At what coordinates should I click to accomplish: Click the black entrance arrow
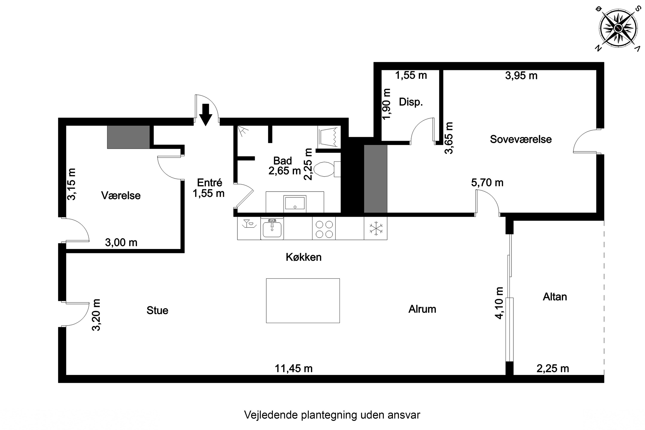click(x=205, y=115)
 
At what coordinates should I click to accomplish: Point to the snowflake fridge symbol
click(x=375, y=228)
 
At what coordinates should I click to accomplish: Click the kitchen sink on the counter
click(x=272, y=229)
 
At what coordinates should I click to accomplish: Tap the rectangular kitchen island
click(x=303, y=301)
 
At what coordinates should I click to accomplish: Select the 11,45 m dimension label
click(x=293, y=369)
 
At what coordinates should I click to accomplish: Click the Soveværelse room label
click(x=521, y=139)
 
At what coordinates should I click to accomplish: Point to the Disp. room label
click(x=410, y=102)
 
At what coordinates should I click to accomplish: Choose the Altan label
click(x=554, y=297)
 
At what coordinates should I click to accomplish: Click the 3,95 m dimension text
click(x=521, y=76)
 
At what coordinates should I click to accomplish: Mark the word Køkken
click(x=303, y=257)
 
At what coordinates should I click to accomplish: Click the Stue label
click(x=157, y=310)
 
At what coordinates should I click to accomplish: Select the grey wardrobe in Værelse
click(x=128, y=137)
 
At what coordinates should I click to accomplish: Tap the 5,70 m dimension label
click(x=487, y=183)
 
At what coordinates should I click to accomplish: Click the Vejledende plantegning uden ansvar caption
click(x=332, y=415)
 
